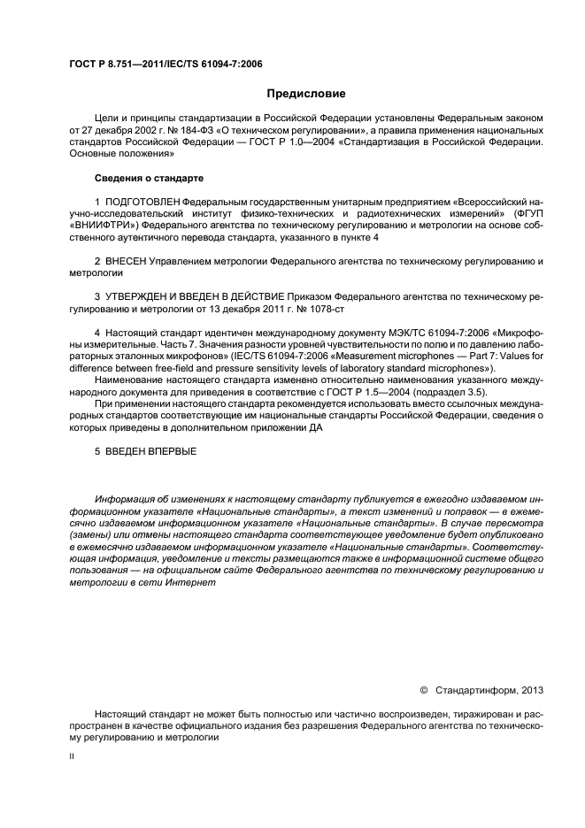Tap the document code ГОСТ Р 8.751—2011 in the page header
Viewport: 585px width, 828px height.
click(113, 65)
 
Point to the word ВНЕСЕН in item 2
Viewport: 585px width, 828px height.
click(123, 263)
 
